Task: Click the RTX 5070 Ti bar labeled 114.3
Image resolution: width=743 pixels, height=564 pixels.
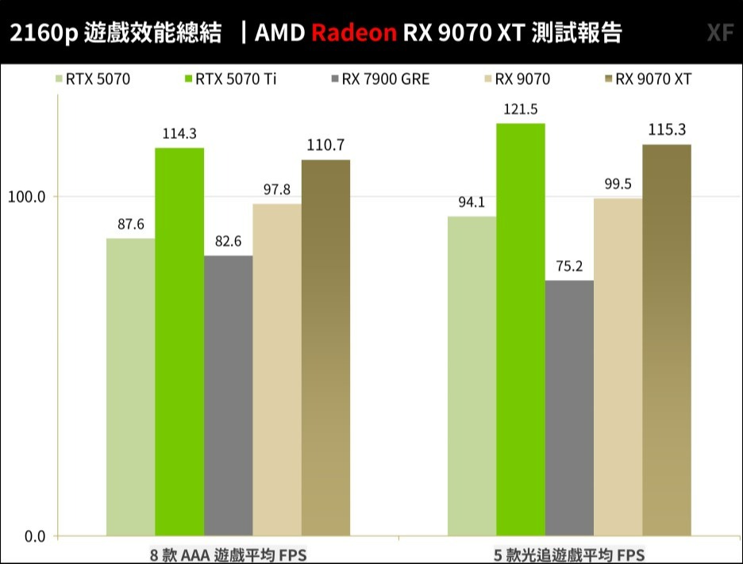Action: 179,341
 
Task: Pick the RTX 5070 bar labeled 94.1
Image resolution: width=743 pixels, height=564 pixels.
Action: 472,376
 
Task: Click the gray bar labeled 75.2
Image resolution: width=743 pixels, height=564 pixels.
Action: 569,408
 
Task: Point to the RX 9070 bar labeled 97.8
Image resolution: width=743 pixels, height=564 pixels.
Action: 277,370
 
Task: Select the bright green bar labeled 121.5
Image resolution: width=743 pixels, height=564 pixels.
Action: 521,329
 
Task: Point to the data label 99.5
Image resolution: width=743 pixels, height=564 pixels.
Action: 618,184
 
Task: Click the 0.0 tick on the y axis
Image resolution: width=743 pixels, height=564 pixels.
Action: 34,536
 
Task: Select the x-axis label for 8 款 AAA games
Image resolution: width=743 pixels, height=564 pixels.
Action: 228,554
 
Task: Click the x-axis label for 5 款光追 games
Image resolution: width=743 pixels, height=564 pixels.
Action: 569,554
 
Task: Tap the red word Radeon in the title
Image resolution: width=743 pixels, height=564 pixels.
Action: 354,33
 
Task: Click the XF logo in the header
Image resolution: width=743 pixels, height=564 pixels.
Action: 719,33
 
